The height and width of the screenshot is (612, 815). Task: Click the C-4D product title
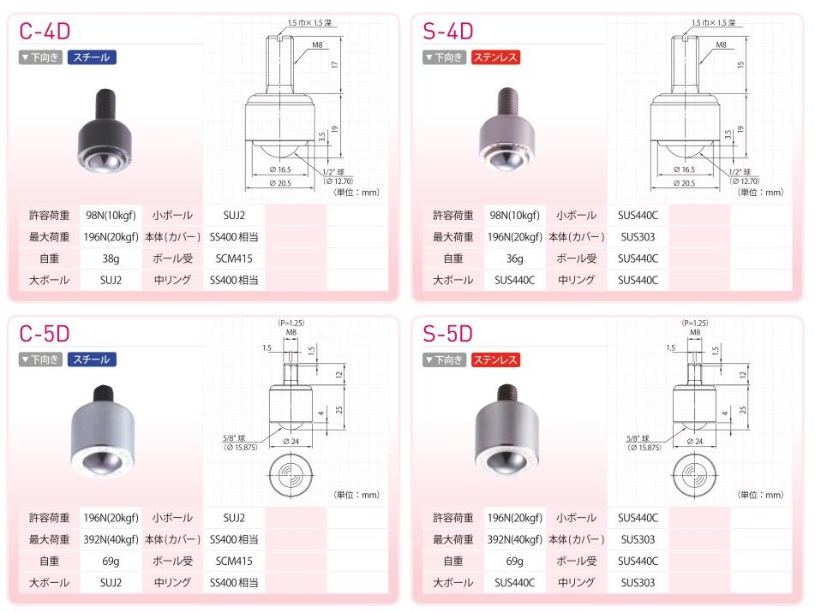[45, 31]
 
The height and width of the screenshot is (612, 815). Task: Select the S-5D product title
[448, 334]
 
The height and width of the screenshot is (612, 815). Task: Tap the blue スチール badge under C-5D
[92, 359]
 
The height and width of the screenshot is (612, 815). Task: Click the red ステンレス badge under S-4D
[495, 57]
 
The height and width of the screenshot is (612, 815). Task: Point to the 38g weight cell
[111, 258]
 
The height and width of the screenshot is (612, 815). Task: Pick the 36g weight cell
[514, 258]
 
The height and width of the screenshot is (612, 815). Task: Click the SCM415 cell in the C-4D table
[234, 258]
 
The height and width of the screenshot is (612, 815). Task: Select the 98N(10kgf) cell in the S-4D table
[514, 216]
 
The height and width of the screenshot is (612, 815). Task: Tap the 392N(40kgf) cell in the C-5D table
[111, 539]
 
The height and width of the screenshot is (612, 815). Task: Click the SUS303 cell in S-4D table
[638, 237]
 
